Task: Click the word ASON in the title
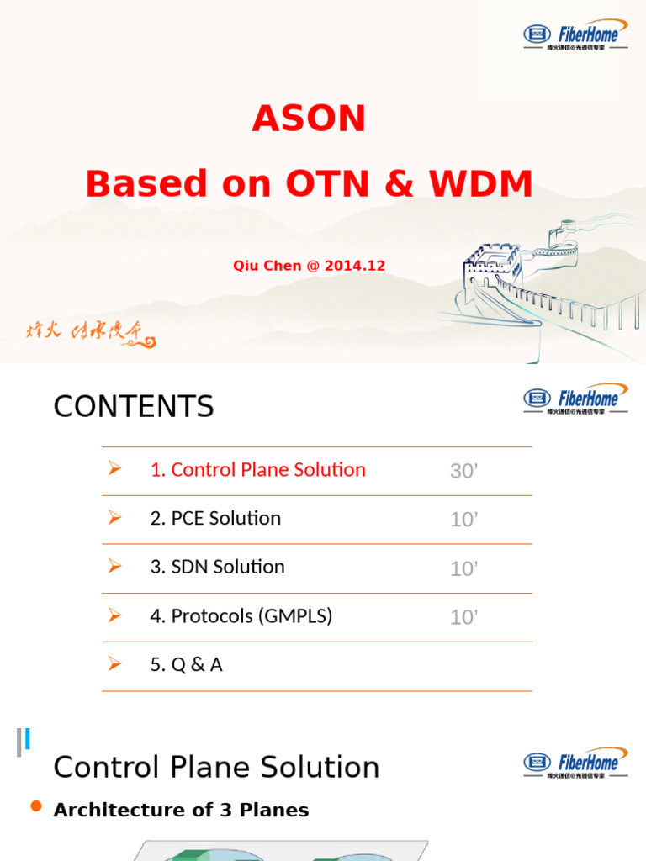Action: [309, 119]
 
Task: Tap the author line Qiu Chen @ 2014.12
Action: [309, 266]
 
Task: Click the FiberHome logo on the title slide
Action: [575, 34]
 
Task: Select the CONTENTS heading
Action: [134, 407]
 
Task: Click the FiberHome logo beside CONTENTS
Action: [575, 399]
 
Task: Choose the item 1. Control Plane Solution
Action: [257, 470]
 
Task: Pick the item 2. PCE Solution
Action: [214, 519]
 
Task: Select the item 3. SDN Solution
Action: [217, 568]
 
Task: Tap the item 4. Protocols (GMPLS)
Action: [241, 616]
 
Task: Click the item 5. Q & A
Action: [186, 665]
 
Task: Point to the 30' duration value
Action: [463, 472]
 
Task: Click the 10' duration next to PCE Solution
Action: [463, 520]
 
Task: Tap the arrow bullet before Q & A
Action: [115, 664]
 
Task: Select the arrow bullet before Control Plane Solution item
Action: [115, 469]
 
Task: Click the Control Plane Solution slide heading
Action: [216, 768]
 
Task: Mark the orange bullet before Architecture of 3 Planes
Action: [36, 807]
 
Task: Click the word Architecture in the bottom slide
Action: [105, 811]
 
